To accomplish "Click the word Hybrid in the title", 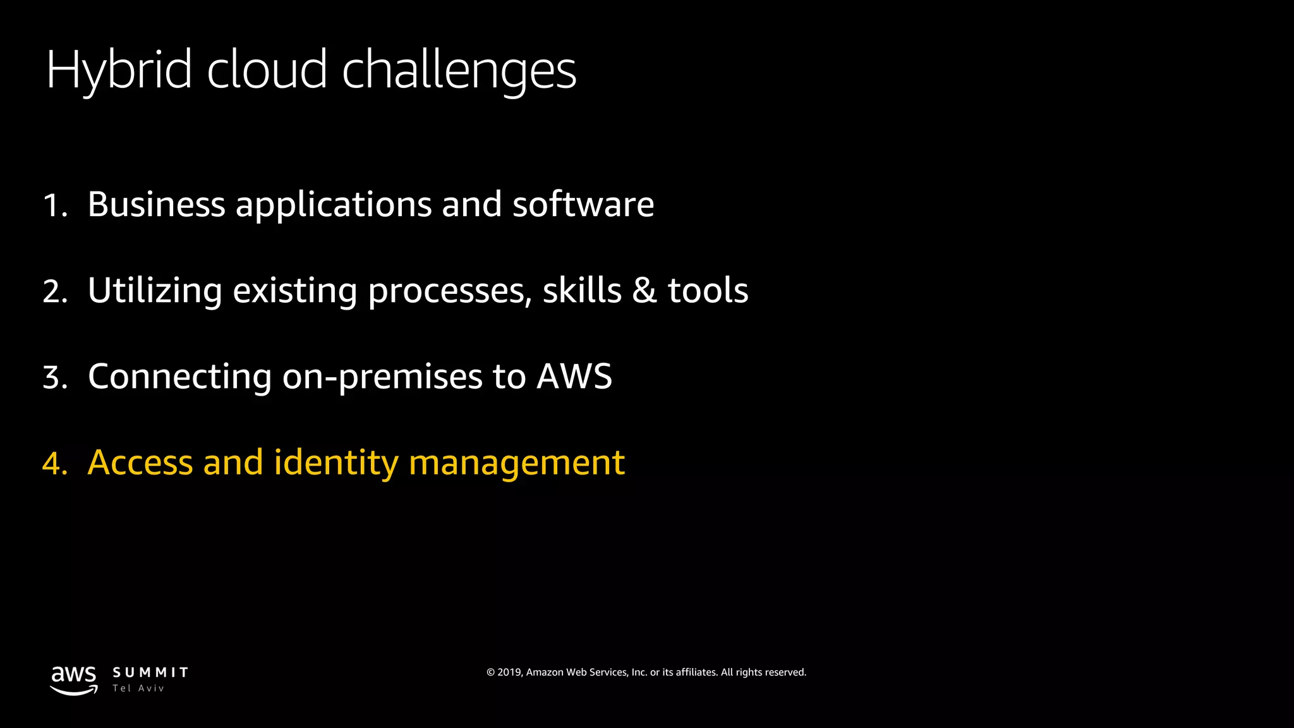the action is point(119,70).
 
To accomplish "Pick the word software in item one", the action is point(583,204).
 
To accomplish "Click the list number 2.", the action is point(55,292).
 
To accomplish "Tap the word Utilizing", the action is point(155,291).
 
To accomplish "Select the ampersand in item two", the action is point(644,291).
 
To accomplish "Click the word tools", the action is point(708,291).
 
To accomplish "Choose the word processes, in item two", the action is point(450,292).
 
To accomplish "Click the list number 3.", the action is point(55,378).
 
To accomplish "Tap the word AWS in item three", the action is point(574,377).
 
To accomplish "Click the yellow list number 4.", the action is point(55,464).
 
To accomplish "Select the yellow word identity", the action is point(336,463).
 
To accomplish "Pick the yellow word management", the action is point(517,464).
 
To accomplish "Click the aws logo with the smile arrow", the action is point(74,680).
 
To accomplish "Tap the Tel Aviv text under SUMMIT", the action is point(138,688).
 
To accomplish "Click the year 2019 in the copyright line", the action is point(509,672).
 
